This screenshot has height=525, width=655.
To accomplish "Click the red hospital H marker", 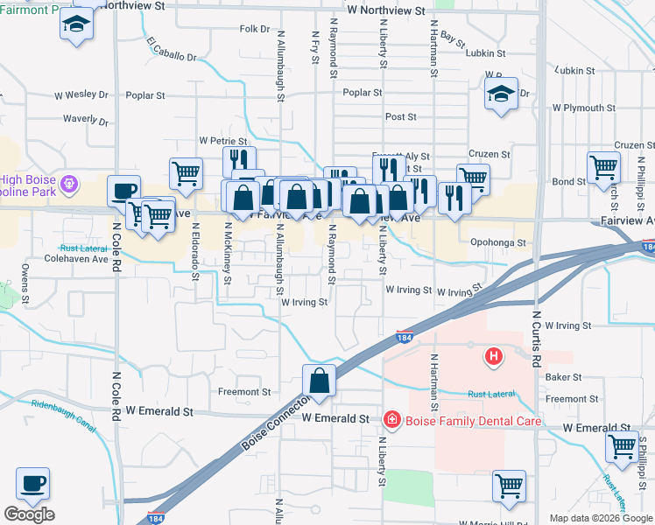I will coord(494,356).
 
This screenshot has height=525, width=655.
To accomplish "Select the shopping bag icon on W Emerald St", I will coord(320,381).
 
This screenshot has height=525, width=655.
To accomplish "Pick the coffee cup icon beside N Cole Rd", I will coord(124,191).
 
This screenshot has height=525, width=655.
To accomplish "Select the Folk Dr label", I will coord(254,29).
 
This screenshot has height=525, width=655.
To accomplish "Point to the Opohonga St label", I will coord(497,243).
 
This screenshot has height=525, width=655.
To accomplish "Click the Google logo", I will coord(29,514).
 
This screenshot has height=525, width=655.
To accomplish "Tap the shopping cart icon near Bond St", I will coord(604,166).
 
